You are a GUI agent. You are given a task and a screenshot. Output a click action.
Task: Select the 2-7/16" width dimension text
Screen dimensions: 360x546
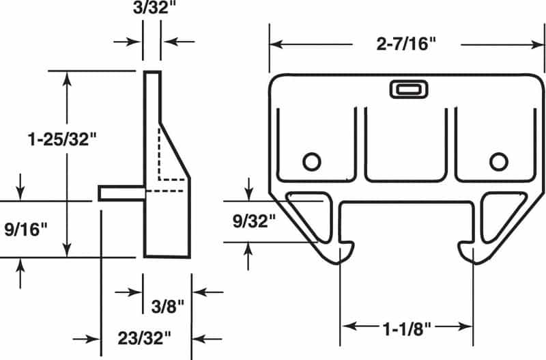(407, 44)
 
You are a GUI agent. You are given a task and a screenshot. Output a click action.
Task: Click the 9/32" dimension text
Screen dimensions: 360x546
(253, 221)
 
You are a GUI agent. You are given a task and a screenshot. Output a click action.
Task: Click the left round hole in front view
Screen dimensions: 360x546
(311, 161)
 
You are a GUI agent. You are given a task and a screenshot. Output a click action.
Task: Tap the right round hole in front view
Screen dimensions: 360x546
(499, 161)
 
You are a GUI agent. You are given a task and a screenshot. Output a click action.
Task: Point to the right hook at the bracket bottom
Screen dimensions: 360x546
(467, 253)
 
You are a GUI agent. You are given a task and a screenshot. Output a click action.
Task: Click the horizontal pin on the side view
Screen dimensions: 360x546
(121, 193)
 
